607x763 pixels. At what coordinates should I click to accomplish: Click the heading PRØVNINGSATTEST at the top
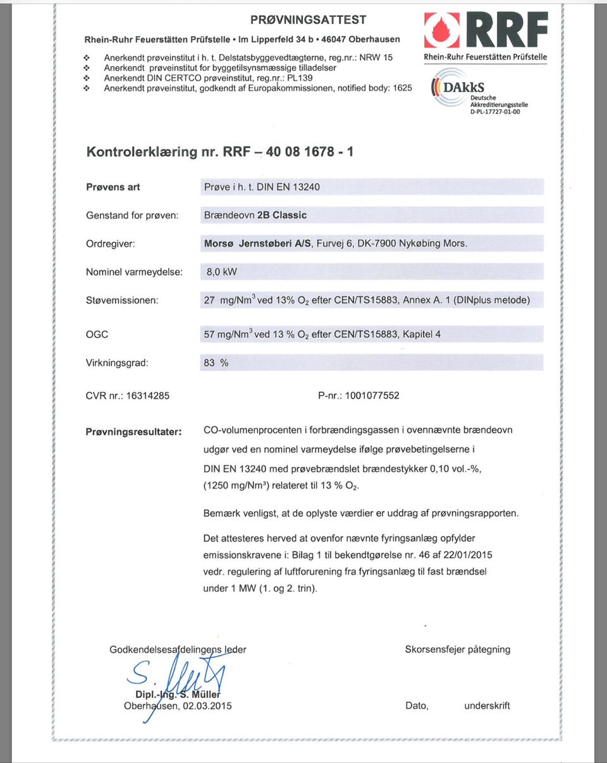click(x=308, y=20)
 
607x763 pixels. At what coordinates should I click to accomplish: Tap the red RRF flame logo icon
click(x=442, y=30)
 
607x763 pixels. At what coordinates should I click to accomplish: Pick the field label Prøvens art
click(x=113, y=187)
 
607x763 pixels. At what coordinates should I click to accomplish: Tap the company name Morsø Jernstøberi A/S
click(x=257, y=243)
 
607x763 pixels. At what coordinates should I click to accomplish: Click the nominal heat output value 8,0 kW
click(x=218, y=272)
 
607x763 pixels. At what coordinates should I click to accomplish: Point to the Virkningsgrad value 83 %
click(x=216, y=363)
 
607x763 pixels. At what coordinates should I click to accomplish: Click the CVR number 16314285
click(x=148, y=396)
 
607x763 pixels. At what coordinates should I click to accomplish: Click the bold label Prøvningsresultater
click(x=133, y=432)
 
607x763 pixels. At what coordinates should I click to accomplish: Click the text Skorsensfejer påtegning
click(x=457, y=649)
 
